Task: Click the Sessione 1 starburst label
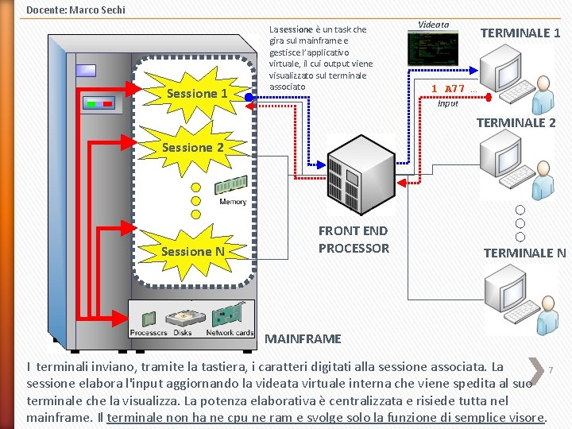(197, 94)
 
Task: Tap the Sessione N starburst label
(192, 252)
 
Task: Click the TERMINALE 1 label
(520, 33)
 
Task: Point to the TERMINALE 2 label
(516, 122)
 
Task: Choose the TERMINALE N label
(524, 253)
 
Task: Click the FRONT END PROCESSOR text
(354, 239)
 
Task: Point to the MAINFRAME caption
(303, 339)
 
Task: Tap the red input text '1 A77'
(448, 89)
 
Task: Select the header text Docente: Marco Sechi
(75, 10)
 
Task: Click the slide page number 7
(550, 370)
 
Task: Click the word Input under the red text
(448, 103)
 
